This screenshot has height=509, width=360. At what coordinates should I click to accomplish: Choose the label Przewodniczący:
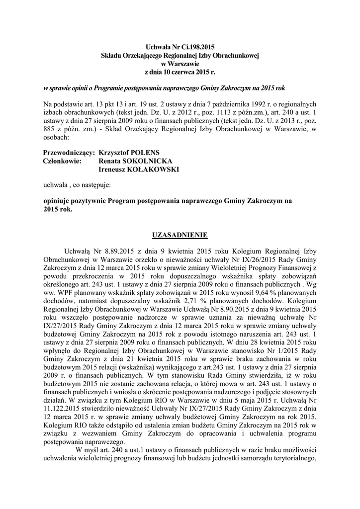point(69,152)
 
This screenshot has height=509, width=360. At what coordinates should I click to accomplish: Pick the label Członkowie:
point(63,161)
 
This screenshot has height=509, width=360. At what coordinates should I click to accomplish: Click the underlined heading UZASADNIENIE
point(180,234)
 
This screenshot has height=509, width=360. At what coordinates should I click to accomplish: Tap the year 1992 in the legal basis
point(259,104)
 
